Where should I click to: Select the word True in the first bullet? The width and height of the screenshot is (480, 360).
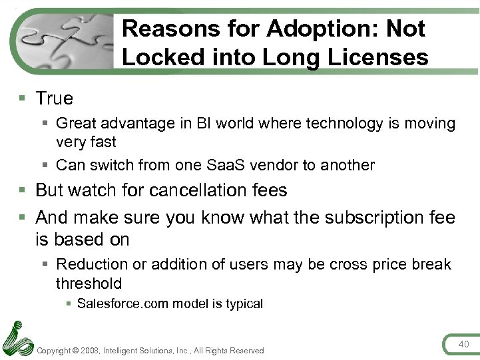click(x=55, y=98)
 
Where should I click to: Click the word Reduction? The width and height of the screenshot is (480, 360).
click(x=92, y=265)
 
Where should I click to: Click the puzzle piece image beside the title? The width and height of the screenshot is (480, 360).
click(x=67, y=40)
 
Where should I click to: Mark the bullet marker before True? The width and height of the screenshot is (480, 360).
click(x=23, y=99)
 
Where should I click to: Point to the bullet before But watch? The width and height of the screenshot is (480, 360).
click(x=23, y=191)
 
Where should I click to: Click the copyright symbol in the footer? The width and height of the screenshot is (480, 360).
click(x=77, y=351)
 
